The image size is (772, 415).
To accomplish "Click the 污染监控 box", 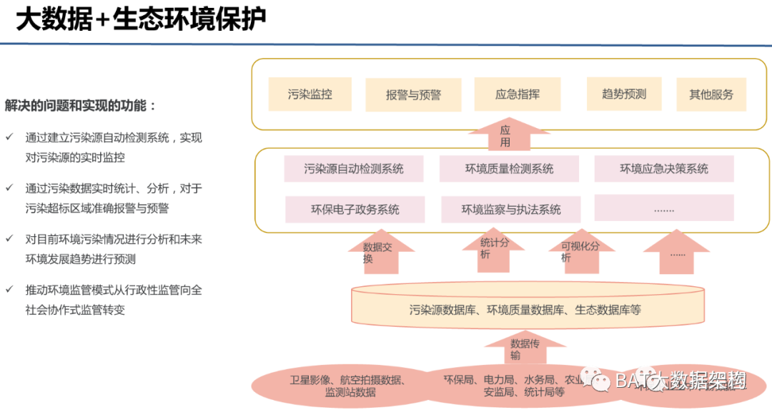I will (310, 94).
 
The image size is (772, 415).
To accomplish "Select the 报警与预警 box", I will (414, 95).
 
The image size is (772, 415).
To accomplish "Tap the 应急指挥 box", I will (517, 94).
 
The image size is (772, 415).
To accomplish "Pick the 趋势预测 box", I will (623, 94).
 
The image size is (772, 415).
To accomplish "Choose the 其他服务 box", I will (711, 94).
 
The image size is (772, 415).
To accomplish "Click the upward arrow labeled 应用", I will (505, 136).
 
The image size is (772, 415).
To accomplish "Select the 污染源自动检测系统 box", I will (354, 169).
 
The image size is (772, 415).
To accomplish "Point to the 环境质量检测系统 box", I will (509, 169).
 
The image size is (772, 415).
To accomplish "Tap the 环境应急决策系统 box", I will (664, 169).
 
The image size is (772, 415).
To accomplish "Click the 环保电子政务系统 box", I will (355, 209).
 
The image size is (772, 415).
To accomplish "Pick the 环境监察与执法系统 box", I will (510, 209).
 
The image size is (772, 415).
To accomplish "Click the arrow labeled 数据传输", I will (525, 350).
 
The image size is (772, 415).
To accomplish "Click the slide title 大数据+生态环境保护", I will (140, 20).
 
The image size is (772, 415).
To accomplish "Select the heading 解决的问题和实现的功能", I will (80, 106).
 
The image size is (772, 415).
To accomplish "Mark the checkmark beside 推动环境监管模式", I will (9, 290).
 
